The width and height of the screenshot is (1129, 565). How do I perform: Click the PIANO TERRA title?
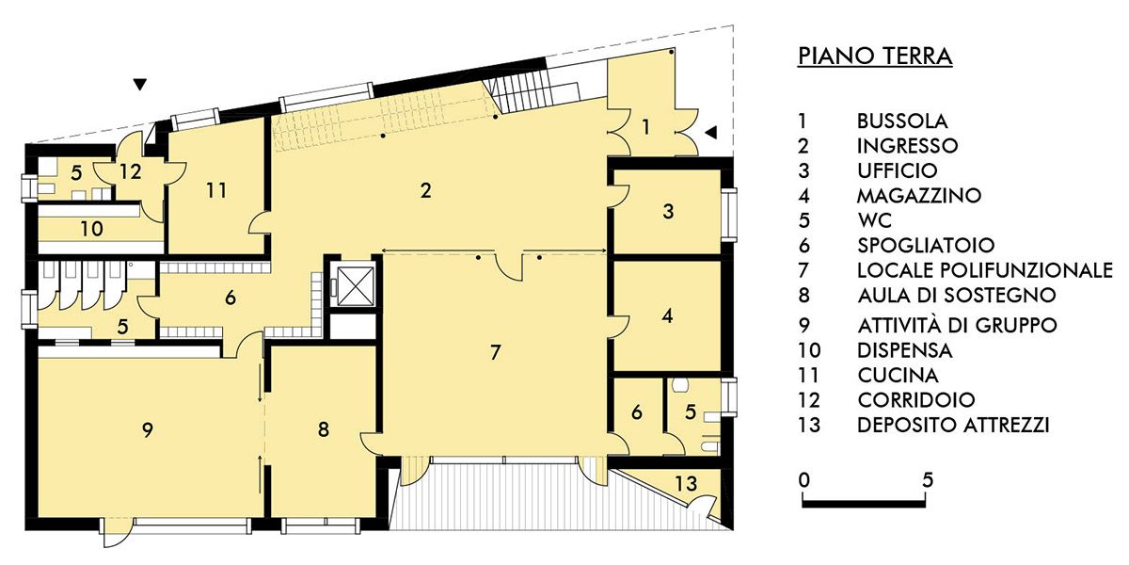pos(875,56)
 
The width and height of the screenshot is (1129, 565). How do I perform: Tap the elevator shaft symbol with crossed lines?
pos(356,286)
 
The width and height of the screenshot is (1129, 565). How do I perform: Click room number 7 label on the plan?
pos(495,352)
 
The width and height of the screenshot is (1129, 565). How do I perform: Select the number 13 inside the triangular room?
pos(686,483)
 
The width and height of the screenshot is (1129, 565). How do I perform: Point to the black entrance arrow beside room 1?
pos(710,133)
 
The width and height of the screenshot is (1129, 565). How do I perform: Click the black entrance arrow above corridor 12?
pos(140,85)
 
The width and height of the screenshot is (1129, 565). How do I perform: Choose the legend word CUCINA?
pos(898,375)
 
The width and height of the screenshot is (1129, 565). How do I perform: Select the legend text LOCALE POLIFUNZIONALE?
pos(984,270)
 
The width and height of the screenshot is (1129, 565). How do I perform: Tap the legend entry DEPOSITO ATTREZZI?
pos(953,425)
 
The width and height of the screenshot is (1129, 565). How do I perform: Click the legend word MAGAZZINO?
pos(919,195)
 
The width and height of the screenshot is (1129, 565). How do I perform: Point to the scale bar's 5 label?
pos(928,479)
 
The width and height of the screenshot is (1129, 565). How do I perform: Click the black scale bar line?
pos(864,503)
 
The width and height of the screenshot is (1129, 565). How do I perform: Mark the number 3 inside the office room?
pos(668,211)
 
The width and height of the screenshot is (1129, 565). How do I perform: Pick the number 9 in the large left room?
pos(147,430)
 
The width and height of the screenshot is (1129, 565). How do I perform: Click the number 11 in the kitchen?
pos(216,190)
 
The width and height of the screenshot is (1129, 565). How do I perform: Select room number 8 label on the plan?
pos(323,429)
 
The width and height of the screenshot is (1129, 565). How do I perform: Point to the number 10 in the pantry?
pos(92,229)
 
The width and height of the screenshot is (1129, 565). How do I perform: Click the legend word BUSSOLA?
pos(902,121)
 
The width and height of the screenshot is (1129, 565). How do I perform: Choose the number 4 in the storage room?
pos(667,316)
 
